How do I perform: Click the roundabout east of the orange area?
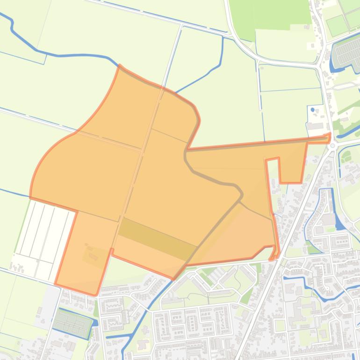click(333, 146)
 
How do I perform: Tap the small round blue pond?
click(313, 110)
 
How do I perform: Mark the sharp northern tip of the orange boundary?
click(120, 66)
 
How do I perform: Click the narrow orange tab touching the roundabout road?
click(327, 138)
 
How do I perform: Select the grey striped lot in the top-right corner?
click(346, 51)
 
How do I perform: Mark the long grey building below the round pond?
click(316, 126)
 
